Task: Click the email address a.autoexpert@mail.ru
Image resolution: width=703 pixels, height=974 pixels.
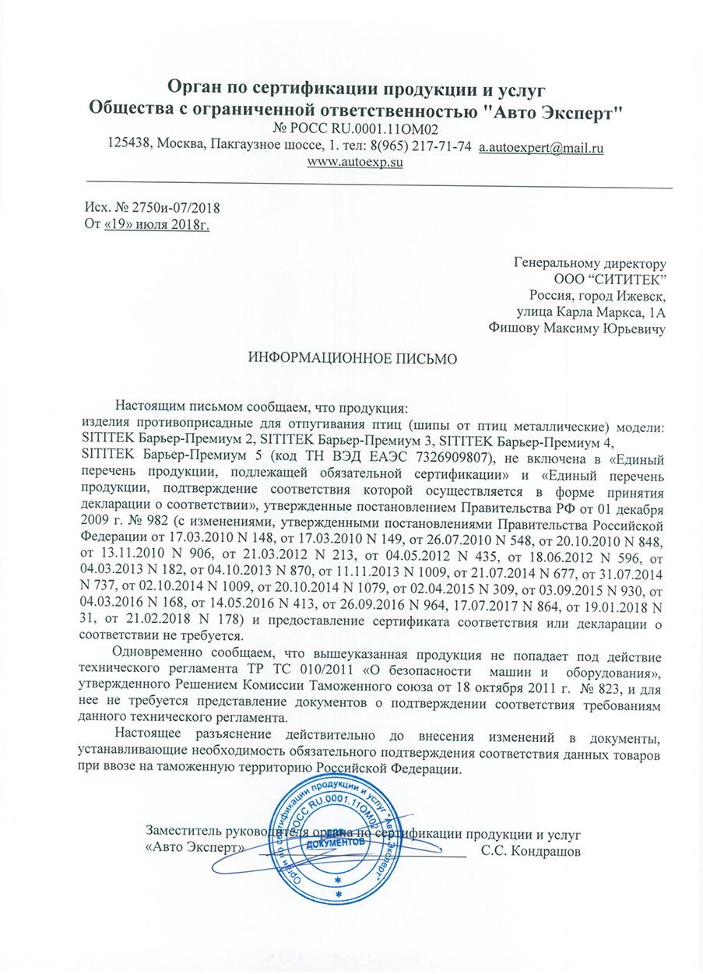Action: [x=542, y=147]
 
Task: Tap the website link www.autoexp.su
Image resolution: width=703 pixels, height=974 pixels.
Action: [x=355, y=163]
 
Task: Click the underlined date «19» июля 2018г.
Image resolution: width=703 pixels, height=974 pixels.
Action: [x=158, y=225]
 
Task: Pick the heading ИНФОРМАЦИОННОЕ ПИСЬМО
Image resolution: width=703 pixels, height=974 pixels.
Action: [x=350, y=359]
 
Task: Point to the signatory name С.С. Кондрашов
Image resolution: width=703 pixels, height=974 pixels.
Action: [x=530, y=849]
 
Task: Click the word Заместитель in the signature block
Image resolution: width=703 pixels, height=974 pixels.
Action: [x=184, y=833]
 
